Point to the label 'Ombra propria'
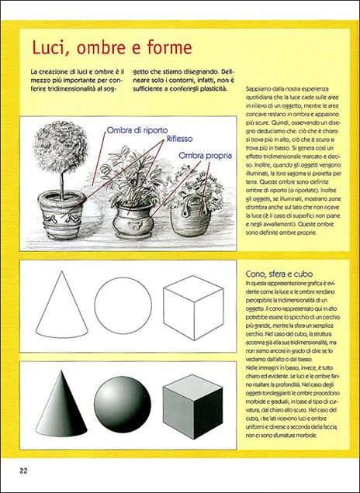206,156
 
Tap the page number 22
24,471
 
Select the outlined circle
124,305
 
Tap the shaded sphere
124,402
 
